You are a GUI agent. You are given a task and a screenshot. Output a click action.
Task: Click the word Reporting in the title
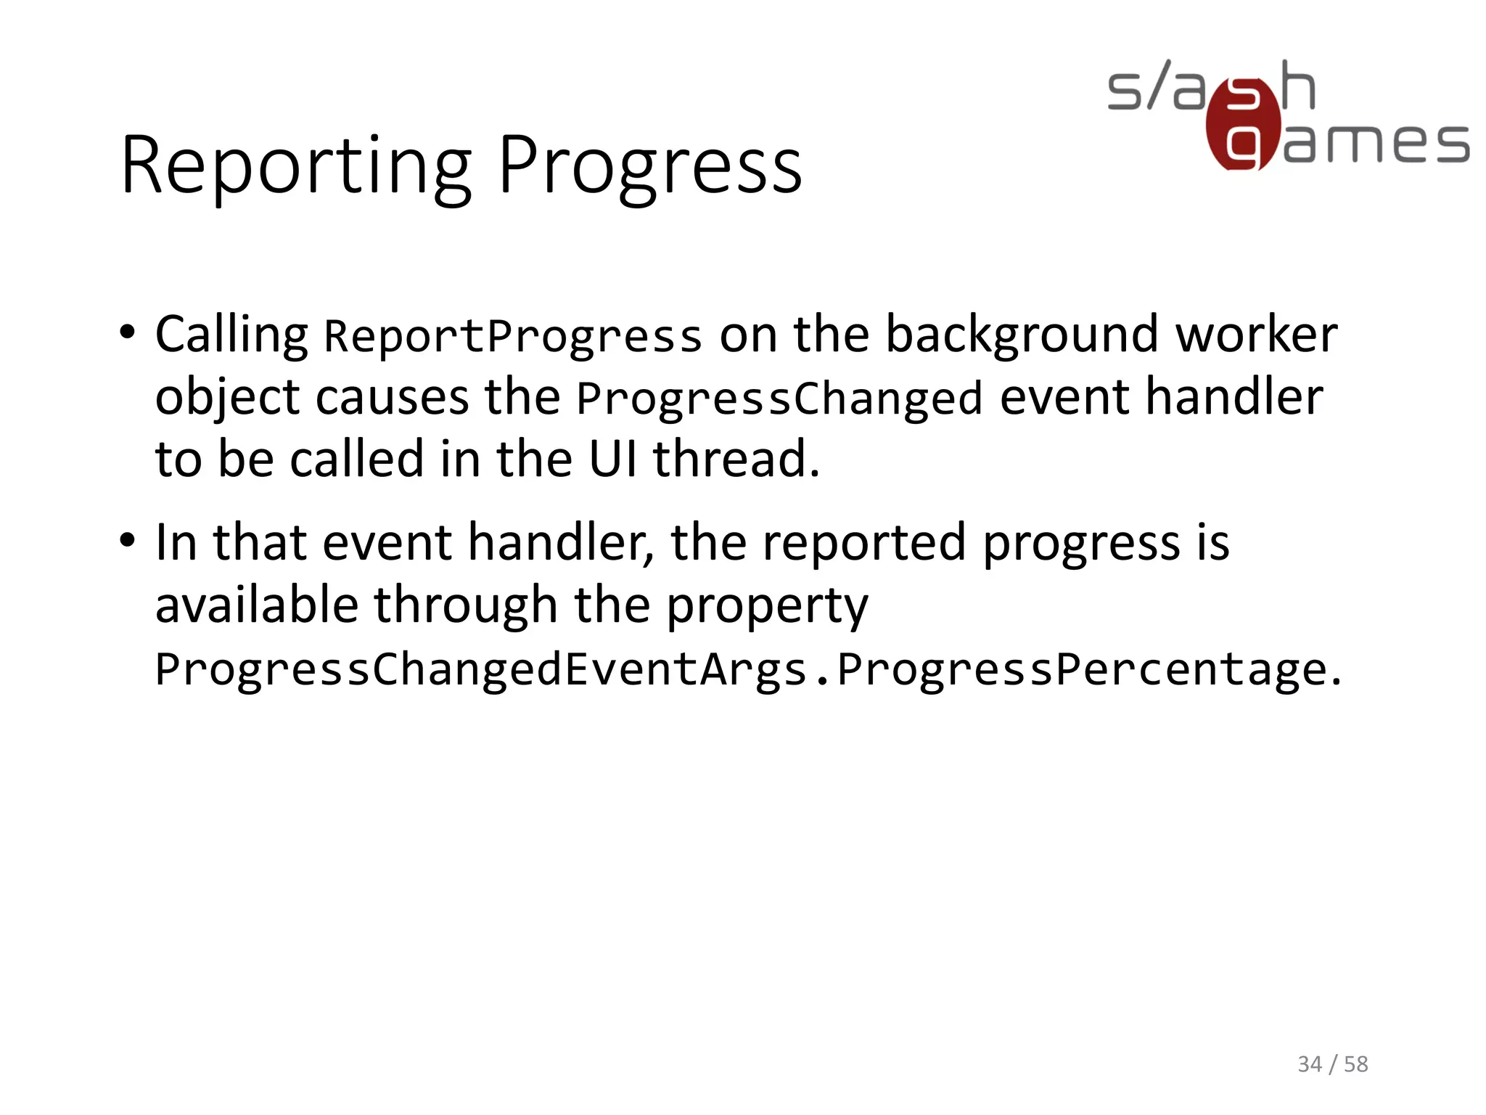(x=296, y=167)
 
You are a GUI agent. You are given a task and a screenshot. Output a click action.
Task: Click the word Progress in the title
(x=650, y=167)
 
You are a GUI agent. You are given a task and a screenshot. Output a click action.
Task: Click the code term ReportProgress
(x=512, y=337)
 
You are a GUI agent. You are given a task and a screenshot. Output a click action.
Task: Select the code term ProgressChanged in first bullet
(x=779, y=399)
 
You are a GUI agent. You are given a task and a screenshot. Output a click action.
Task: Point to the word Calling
(x=231, y=335)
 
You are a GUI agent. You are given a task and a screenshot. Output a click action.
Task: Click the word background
(x=1022, y=335)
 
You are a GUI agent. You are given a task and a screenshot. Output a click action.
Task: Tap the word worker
(x=1256, y=335)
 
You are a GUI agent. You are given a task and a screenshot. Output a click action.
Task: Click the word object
(x=227, y=399)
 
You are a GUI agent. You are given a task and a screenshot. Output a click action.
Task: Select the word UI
(x=612, y=460)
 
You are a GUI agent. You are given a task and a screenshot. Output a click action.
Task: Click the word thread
(x=735, y=460)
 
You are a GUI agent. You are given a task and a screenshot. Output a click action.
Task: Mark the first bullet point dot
(x=128, y=333)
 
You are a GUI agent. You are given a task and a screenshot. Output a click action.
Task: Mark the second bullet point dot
(x=128, y=541)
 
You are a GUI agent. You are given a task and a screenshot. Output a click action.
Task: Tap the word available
(x=257, y=605)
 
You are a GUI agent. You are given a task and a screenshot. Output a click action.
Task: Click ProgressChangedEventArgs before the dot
(x=481, y=669)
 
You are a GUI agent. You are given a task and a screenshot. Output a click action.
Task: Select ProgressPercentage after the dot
(x=1082, y=669)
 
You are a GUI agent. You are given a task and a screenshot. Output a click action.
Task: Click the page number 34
(x=1309, y=1064)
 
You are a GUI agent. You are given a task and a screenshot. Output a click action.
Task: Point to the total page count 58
(x=1355, y=1064)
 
